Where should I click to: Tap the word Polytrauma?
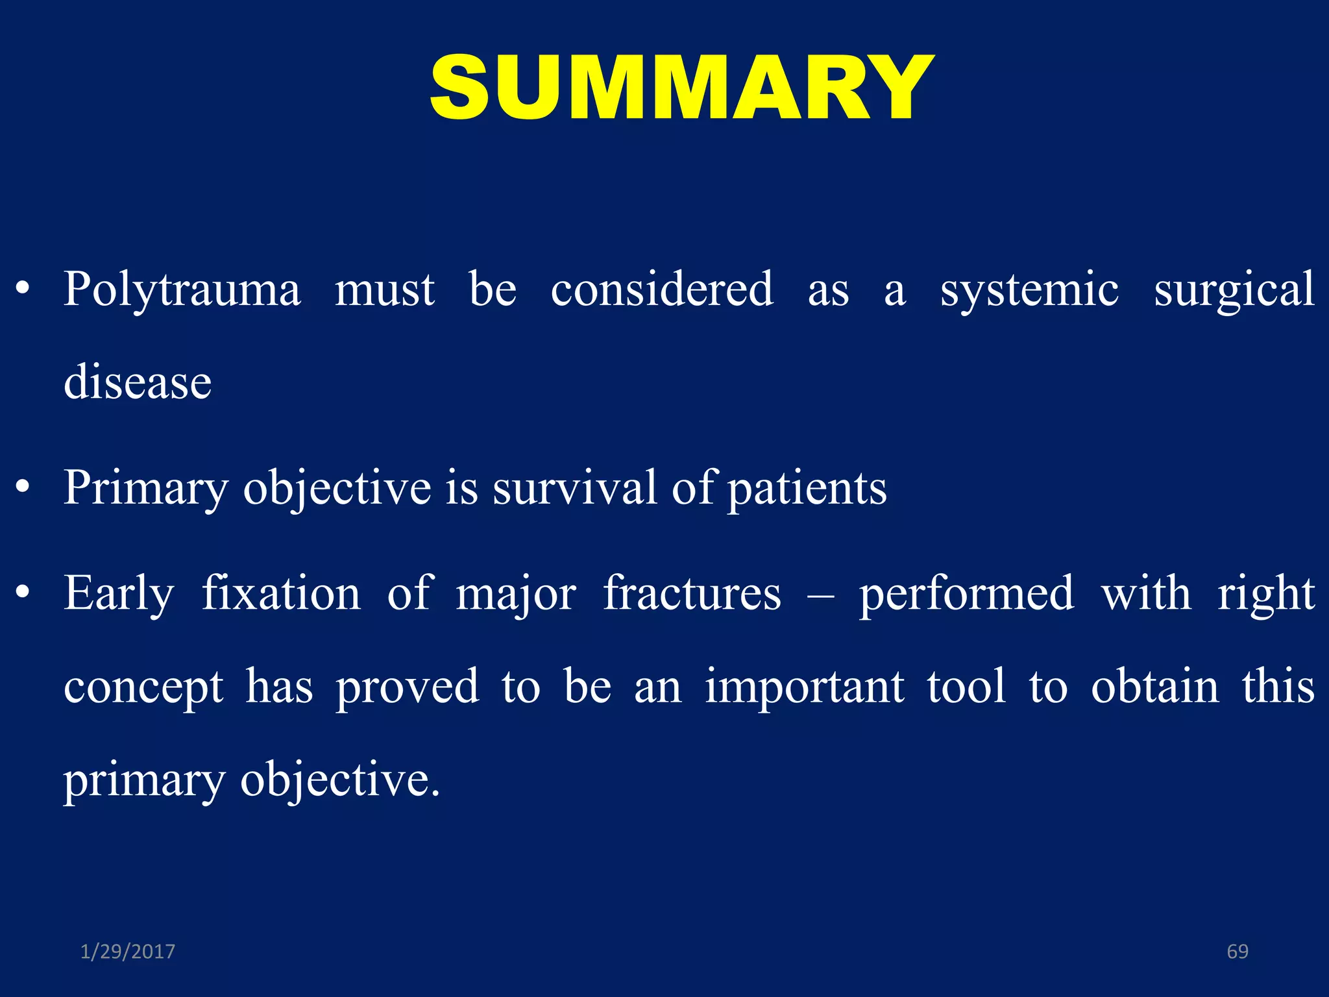click(182, 289)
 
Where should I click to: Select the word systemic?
click(1029, 289)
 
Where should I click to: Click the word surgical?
click(1234, 289)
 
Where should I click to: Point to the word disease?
click(138, 382)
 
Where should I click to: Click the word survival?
click(575, 487)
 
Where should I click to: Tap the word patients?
click(807, 489)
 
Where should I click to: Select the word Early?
click(119, 594)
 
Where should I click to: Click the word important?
click(805, 687)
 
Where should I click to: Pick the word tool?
click(966, 686)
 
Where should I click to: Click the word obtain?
click(1155, 686)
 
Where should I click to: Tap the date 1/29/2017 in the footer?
click(128, 952)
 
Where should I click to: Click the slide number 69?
click(1238, 952)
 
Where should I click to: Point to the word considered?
click(662, 289)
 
